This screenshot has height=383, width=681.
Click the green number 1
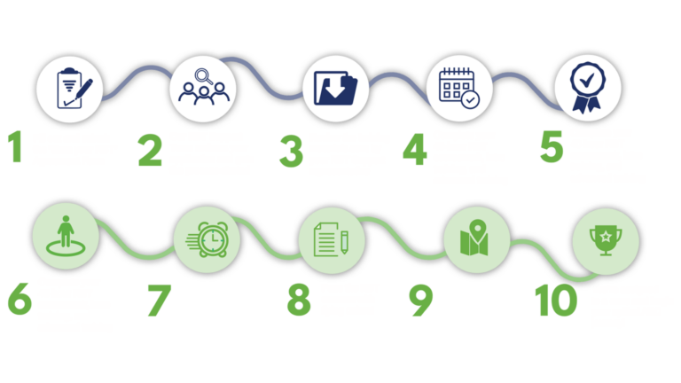[16, 146]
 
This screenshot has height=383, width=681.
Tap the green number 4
[415, 149]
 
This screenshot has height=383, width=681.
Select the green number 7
[159, 300]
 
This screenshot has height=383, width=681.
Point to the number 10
[556, 300]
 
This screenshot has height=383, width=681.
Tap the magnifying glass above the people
[203, 76]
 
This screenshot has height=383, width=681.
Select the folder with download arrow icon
[335, 88]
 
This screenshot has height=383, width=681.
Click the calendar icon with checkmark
[459, 88]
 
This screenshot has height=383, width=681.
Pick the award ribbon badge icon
[587, 88]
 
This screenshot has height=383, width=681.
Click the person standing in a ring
[66, 236]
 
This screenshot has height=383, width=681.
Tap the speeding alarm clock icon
[207, 239]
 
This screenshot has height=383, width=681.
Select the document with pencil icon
[331, 239]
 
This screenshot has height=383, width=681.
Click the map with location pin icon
[474, 238]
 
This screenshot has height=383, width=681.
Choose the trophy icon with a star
[606, 240]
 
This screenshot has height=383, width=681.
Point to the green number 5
[552, 147]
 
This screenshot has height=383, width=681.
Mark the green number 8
[299, 300]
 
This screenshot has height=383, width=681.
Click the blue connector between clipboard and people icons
[137, 81]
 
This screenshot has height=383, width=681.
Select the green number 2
[150, 151]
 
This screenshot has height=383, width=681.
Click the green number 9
[421, 300]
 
